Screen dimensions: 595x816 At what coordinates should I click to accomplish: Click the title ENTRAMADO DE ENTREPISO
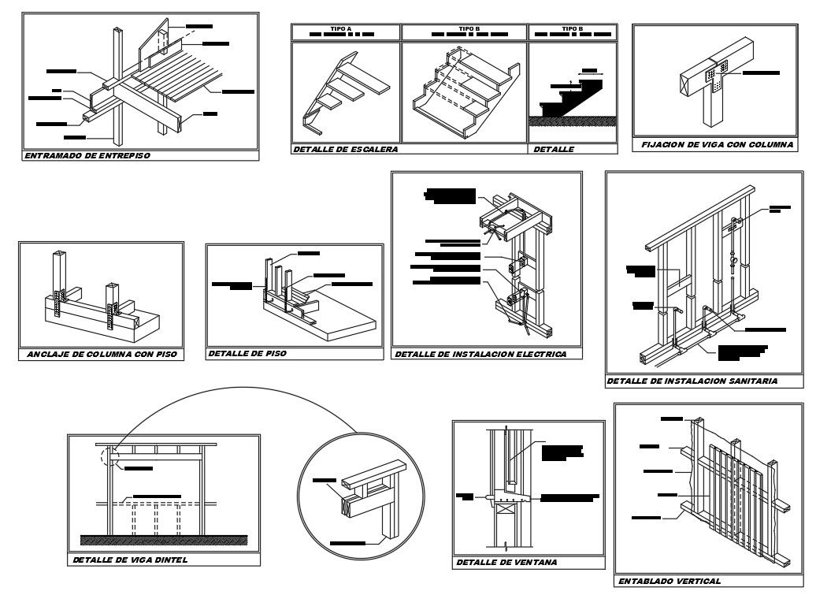pyautogui.click(x=87, y=156)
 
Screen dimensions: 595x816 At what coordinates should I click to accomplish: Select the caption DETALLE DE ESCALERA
pyautogui.click(x=345, y=149)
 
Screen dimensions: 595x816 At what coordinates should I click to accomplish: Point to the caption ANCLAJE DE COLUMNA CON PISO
pyautogui.click(x=100, y=355)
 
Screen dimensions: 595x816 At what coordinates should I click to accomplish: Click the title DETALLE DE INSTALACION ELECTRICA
pyautogui.click(x=480, y=355)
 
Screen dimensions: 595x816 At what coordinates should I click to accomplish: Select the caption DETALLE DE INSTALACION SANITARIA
pyautogui.click(x=692, y=381)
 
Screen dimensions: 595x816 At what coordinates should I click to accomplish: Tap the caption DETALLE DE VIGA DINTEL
pyautogui.click(x=130, y=560)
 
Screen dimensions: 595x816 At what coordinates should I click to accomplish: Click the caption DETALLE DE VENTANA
pyautogui.click(x=506, y=563)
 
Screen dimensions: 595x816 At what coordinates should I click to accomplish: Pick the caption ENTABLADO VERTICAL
pyautogui.click(x=669, y=581)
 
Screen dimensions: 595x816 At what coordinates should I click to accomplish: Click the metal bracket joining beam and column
pyautogui.click(x=715, y=78)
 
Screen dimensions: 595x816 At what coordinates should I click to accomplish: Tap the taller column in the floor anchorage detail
pyautogui.click(x=59, y=281)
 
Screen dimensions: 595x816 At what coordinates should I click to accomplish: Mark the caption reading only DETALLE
pyautogui.click(x=555, y=149)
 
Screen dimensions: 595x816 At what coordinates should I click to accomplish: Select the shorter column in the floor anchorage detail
pyautogui.click(x=110, y=306)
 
